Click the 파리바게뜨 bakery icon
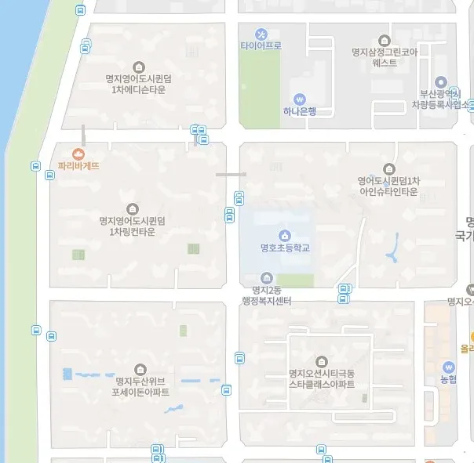click(x=78, y=154)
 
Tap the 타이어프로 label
click(x=261, y=46)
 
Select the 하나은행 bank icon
click(x=299, y=99)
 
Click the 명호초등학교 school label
click(x=284, y=248)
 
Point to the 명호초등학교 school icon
click(x=283, y=235)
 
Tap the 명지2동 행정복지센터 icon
click(x=267, y=278)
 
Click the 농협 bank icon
click(x=449, y=367)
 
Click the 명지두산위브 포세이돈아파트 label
click(x=140, y=386)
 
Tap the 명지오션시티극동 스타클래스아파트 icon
click(x=322, y=360)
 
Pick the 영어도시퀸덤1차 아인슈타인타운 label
click(x=389, y=186)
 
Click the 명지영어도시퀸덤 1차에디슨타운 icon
click(x=140, y=67)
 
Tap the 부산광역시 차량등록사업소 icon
click(x=441, y=82)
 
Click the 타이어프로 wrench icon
click(x=261, y=34)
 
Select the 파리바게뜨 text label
click(x=78, y=166)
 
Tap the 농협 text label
click(x=449, y=380)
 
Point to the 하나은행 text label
click(x=299, y=111)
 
